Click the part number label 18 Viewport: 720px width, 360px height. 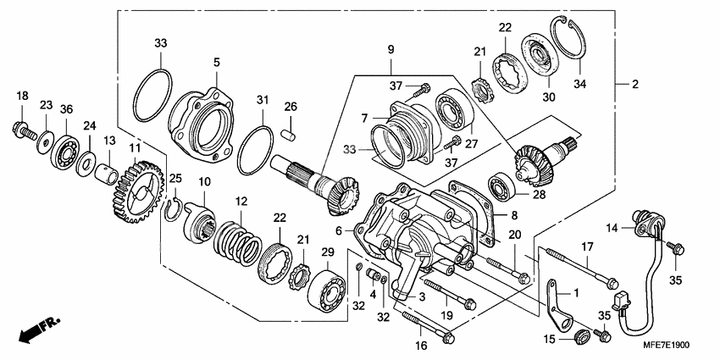pyautogui.click(x=22, y=96)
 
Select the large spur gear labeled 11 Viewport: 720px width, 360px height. pyautogui.click(x=137, y=192)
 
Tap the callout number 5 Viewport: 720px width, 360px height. pyautogui.click(x=216, y=62)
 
